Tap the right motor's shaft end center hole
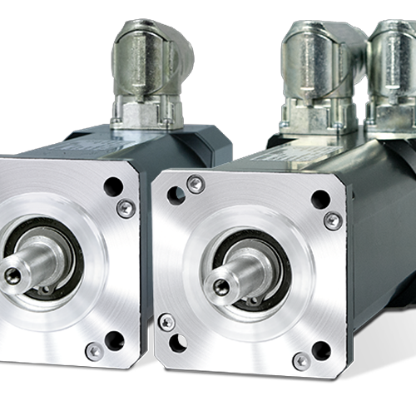click(220, 288)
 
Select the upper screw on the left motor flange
click(126, 208)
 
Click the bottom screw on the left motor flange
click(95, 351)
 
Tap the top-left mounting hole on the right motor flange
click(176, 196)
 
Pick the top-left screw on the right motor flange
click(196, 184)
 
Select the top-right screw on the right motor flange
click(333, 220)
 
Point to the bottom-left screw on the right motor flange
click(166, 322)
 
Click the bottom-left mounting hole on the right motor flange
click(178, 343)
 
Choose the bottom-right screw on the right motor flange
click(301, 361)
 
